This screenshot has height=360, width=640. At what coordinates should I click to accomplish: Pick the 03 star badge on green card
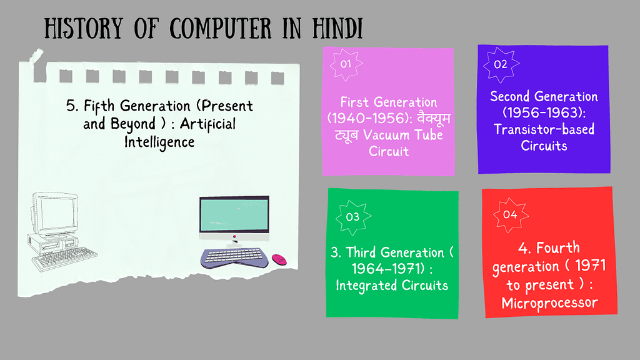pos(352,217)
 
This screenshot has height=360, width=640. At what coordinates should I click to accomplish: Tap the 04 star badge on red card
pos(510,214)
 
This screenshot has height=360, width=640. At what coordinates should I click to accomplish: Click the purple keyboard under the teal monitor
pos(233,257)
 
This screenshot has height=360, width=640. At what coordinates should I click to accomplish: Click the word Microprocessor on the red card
pos(549,303)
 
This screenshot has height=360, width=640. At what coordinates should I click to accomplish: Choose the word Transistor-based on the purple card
pos(544,130)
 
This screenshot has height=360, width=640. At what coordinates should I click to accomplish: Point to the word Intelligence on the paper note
pos(159,142)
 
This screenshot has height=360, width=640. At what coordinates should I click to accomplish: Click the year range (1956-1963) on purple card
pos(544,113)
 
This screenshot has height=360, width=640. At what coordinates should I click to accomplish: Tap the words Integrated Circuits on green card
pos(392,286)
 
